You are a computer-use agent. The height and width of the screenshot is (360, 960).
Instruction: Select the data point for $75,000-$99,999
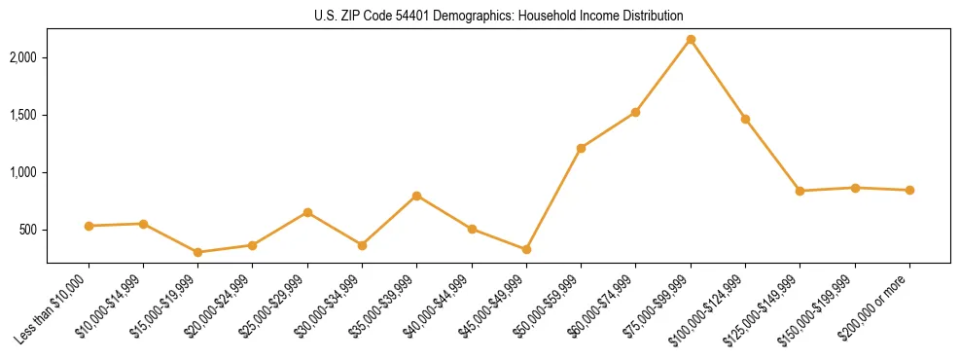[691, 39]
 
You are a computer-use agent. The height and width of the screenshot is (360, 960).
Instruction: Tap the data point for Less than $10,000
[89, 226]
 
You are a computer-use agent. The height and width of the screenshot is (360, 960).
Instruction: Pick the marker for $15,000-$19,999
[198, 252]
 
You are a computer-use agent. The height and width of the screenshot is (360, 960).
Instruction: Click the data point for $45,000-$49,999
[526, 249]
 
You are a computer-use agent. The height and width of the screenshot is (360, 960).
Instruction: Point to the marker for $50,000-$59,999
[581, 148]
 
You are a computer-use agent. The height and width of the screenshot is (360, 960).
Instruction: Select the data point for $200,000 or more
[909, 190]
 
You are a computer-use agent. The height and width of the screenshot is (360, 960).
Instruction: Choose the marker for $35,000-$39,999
[417, 196]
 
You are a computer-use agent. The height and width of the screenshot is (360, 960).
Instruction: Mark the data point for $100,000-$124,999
[745, 119]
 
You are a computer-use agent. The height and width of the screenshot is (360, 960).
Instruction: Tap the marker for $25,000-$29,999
[307, 212]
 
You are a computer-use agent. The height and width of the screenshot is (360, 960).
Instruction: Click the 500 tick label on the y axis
[29, 231]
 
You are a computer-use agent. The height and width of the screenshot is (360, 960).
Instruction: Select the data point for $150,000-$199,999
[855, 188]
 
